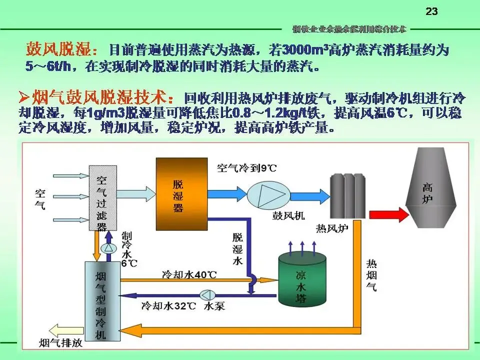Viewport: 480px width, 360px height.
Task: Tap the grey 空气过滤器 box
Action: (x=103, y=198)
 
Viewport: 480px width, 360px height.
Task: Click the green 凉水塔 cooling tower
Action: (x=301, y=280)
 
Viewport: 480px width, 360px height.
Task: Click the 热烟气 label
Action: (x=372, y=275)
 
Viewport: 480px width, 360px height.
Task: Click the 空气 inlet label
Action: (x=40, y=198)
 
